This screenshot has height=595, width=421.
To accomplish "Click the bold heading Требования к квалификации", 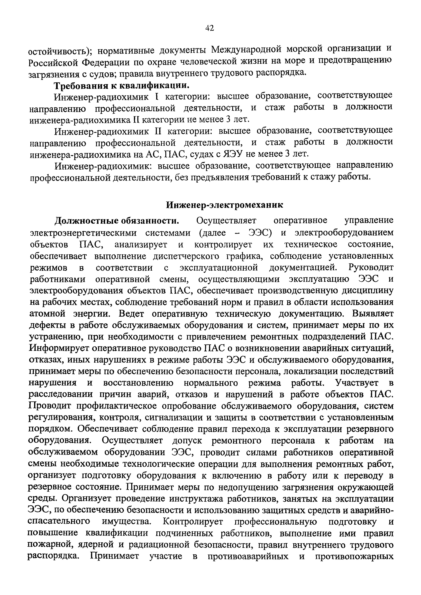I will (x=121, y=85).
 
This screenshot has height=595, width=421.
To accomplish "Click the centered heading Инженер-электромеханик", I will (x=224, y=205).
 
